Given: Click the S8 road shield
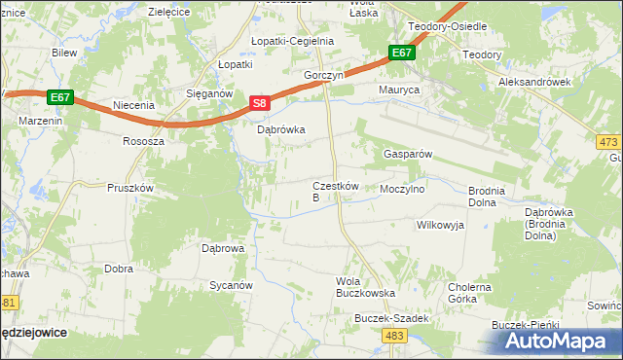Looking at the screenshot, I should (x=258, y=103).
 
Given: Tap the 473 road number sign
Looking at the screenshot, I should (x=607, y=142).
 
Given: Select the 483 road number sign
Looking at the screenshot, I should (x=394, y=335).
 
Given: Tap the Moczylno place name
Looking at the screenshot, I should (x=403, y=189).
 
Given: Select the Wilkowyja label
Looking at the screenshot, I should (x=440, y=225).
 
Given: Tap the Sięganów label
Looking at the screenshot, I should (x=207, y=93).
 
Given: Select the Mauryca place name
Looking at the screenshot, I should (x=398, y=90).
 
